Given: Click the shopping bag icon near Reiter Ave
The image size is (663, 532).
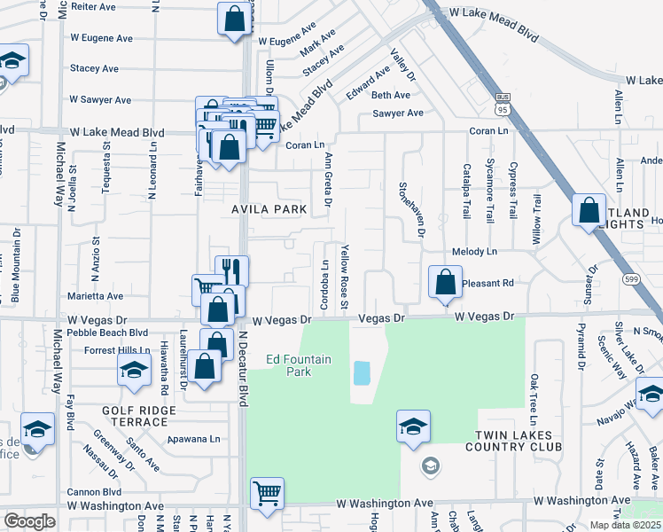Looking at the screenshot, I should [233, 20].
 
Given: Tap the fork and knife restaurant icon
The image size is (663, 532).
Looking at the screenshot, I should [231, 270].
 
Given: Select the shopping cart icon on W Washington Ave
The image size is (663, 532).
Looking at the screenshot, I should [267, 494].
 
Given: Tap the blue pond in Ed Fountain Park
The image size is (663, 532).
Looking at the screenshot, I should [362, 372].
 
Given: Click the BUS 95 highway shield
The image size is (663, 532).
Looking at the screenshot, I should [503, 106].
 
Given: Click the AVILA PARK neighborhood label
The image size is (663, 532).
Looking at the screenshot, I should [269, 209].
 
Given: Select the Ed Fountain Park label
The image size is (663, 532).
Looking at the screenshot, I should [299, 365].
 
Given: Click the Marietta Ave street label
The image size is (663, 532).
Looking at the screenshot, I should [97, 296].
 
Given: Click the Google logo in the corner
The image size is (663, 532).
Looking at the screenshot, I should [29, 520].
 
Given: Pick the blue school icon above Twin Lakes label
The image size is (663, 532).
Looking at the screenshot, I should [413, 428].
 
